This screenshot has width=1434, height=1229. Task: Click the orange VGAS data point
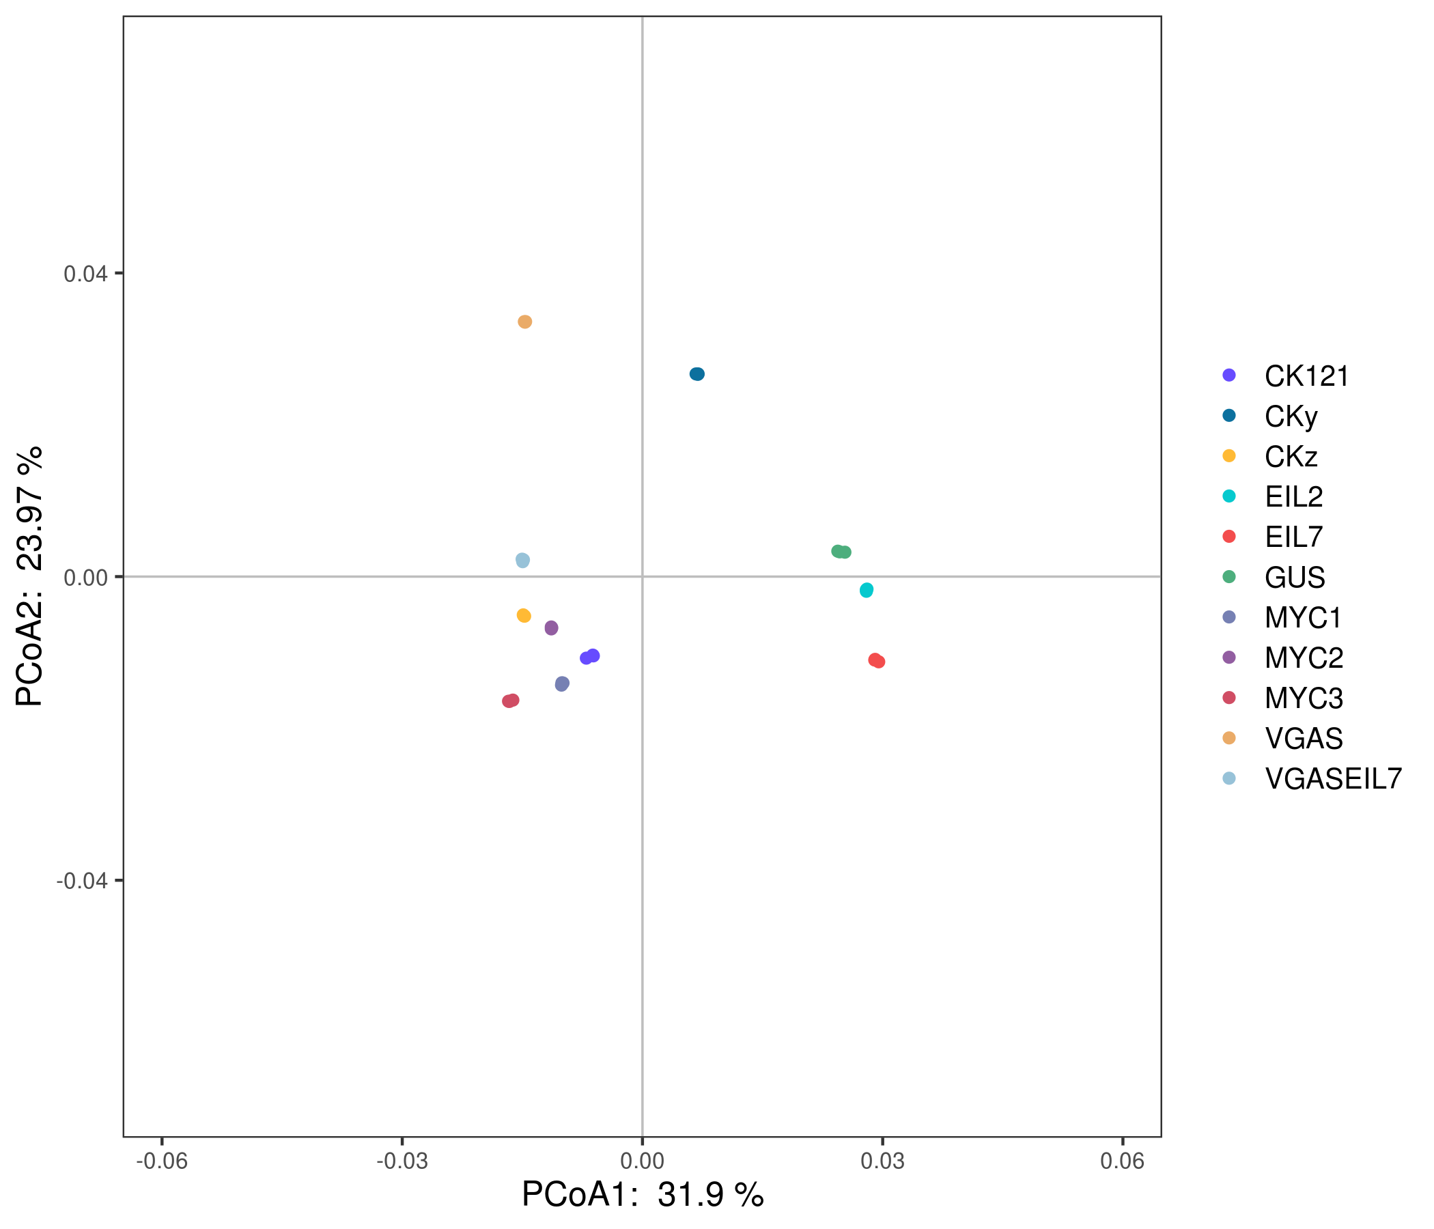point(525,322)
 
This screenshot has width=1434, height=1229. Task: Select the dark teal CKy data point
point(697,374)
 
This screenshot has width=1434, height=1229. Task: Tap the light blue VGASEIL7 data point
point(523,561)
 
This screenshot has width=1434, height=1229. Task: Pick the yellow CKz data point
point(524,616)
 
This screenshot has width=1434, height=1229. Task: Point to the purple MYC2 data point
point(552,628)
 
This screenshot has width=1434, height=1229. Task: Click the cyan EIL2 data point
point(867,591)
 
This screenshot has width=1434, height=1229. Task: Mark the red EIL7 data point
point(877,661)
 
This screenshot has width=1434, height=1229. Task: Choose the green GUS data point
point(841,552)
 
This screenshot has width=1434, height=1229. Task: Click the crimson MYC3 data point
point(511,701)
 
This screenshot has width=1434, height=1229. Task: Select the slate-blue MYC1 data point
point(562,683)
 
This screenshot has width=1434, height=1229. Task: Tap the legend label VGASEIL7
point(1333,779)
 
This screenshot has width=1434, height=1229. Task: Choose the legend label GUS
point(1294,578)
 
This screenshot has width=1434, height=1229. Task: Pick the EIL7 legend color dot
point(1229,537)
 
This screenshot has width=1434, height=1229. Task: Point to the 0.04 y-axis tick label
point(86,274)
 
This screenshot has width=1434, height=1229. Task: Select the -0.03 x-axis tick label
point(402,1161)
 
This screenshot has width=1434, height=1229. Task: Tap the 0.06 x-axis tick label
point(1123,1161)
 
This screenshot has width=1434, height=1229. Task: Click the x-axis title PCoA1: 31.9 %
point(643,1195)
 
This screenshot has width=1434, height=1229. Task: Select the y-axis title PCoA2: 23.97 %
point(29,576)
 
